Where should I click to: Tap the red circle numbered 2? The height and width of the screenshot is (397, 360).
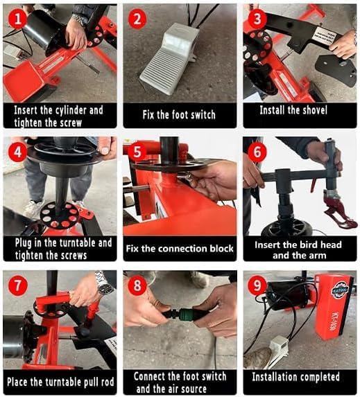tap(138, 19)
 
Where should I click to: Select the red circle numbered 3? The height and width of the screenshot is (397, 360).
tap(257, 19)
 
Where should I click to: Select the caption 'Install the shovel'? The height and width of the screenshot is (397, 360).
tap(300, 110)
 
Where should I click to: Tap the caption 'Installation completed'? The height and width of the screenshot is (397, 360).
tap(300, 377)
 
